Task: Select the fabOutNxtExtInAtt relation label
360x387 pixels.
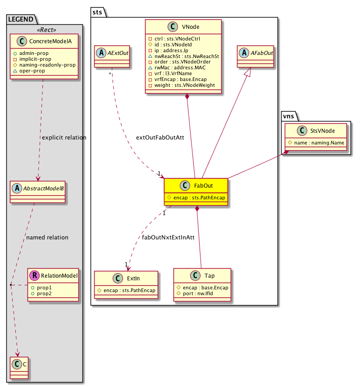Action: coord(168,237)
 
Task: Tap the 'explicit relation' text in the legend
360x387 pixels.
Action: coord(64,137)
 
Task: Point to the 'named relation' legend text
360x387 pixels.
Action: coord(47,237)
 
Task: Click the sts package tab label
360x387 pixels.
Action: coord(98,11)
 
